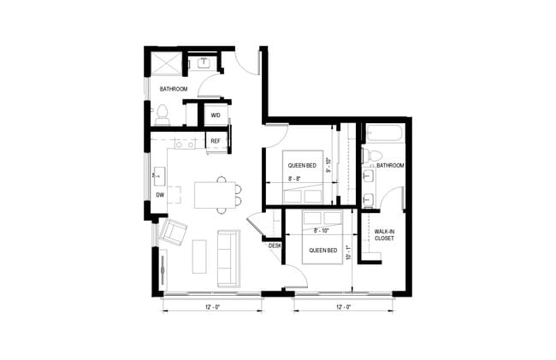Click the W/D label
click(216, 115)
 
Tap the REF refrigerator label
click(216, 141)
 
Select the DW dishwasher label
click(159, 194)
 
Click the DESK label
click(275, 245)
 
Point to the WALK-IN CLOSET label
click(385, 234)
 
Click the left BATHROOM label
click(172, 88)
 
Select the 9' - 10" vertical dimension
click(329, 170)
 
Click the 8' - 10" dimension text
click(322, 230)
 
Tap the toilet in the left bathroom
click(163, 111)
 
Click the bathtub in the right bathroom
click(386, 133)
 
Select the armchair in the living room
click(174, 231)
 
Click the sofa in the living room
click(228, 257)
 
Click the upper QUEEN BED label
click(302, 166)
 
